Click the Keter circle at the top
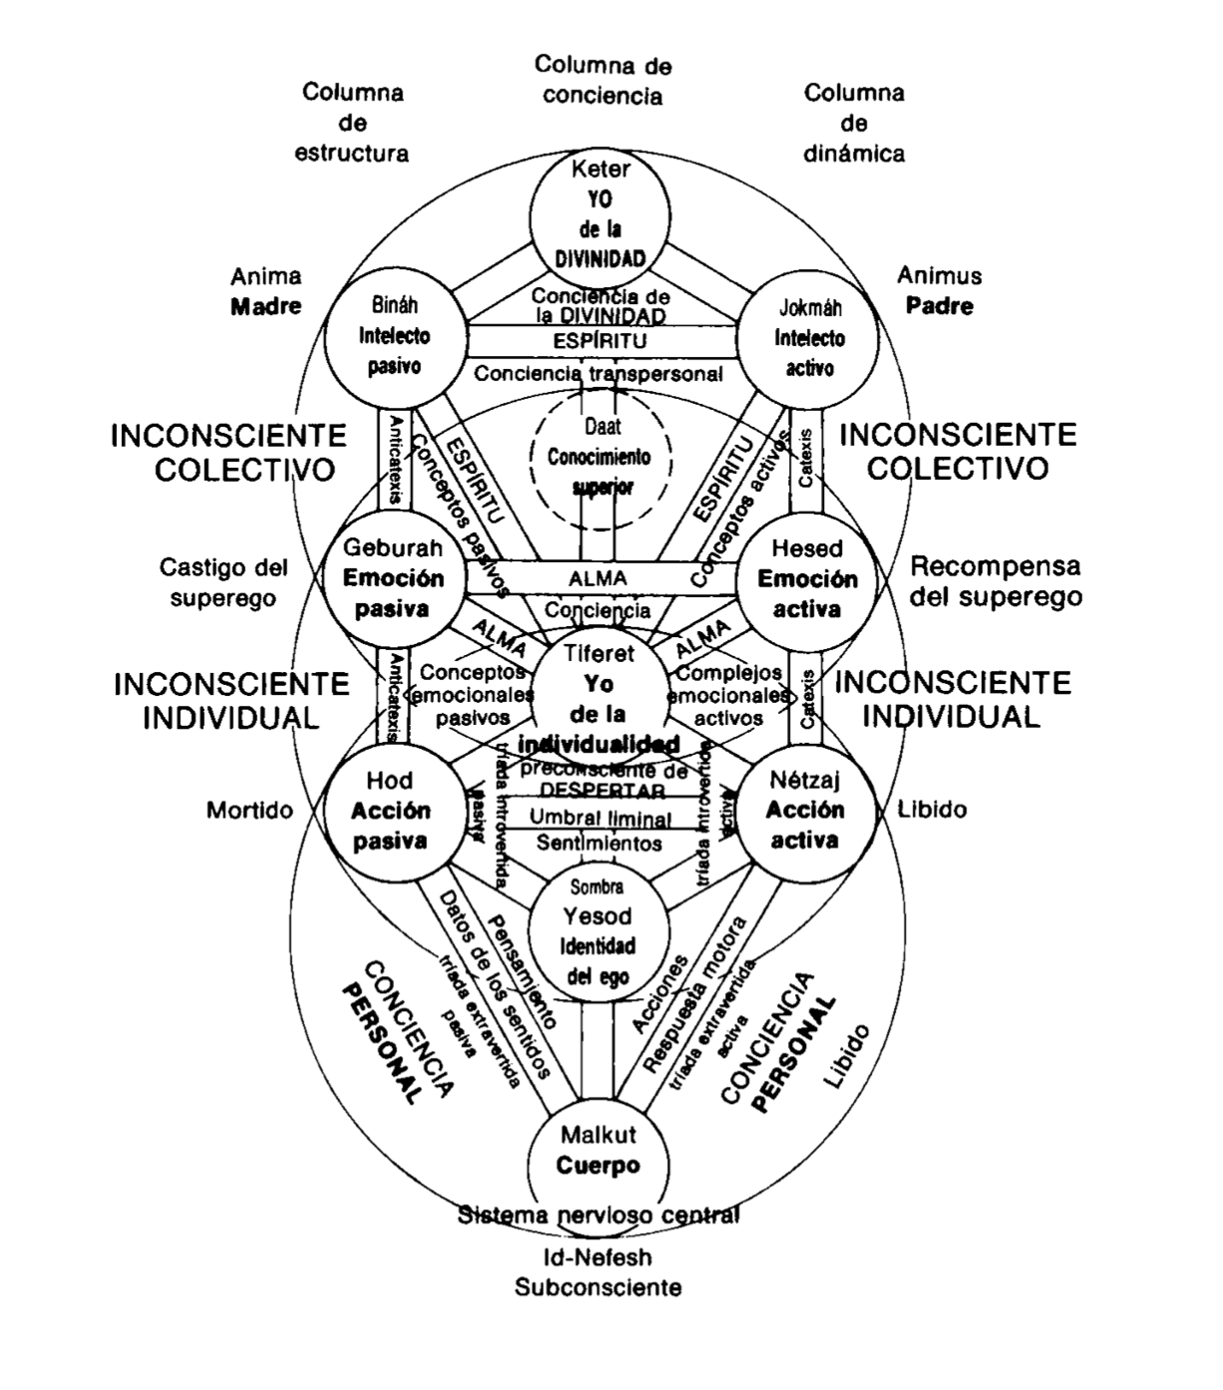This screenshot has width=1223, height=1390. (x=600, y=213)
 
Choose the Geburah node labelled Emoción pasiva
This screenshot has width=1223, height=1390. (x=392, y=578)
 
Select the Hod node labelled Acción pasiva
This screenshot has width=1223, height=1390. (x=390, y=811)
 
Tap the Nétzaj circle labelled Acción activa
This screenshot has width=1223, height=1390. (x=805, y=810)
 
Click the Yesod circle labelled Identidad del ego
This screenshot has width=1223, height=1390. (x=598, y=932)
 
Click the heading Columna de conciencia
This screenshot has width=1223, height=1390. (x=603, y=80)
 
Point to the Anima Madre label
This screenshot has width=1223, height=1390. (x=265, y=290)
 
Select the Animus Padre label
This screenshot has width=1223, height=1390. (x=939, y=290)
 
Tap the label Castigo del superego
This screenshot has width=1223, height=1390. (x=222, y=582)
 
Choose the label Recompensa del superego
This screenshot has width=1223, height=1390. (x=996, y=581)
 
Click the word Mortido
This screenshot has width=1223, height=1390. (x=249, y=810)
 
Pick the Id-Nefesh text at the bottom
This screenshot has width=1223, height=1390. (x=598, y=1258)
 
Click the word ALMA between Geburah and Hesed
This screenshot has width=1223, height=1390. (x=599, y=578)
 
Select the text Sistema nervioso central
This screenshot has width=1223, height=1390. (x=599, y=1216)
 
